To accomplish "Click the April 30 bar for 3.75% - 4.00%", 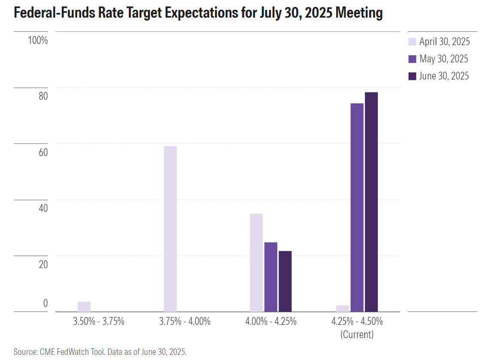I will point(170,229).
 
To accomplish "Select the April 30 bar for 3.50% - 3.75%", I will point(84,306).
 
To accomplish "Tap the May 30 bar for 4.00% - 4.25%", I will point(270,277).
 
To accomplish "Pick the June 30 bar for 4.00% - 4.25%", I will point(285,281).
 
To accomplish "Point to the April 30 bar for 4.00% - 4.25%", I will point(256,262).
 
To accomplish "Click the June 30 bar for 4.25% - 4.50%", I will point(371,201).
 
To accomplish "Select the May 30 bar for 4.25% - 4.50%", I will point(357,207).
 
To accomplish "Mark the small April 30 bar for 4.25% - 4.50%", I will point(343,308).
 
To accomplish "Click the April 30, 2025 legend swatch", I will point(412,42).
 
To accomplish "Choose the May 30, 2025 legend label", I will point(444,59).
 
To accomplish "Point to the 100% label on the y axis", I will point(37,40).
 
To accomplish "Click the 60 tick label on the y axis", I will point(43,153).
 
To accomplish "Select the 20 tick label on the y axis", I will point(43,265).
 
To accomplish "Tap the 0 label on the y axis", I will point(45,303).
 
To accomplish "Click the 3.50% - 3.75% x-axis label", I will point(98,321).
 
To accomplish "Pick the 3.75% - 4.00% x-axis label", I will point(185,321).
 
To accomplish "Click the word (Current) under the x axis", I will point(357,334).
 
